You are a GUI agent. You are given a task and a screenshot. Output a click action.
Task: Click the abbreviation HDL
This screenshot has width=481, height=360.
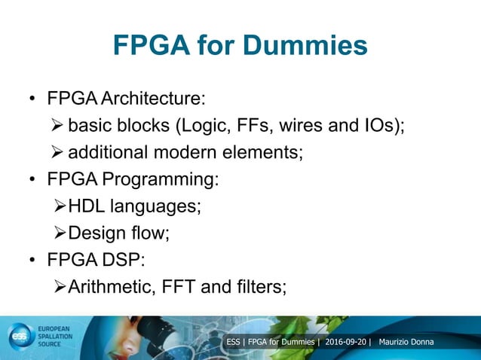pos(86,206)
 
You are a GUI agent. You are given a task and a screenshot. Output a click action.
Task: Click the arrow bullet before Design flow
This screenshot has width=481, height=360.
pos(62,233)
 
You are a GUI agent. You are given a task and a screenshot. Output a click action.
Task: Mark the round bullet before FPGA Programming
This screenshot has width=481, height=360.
pos(32,181)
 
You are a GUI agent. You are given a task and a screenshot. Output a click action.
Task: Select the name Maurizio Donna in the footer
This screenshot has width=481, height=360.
pos(412,343)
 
